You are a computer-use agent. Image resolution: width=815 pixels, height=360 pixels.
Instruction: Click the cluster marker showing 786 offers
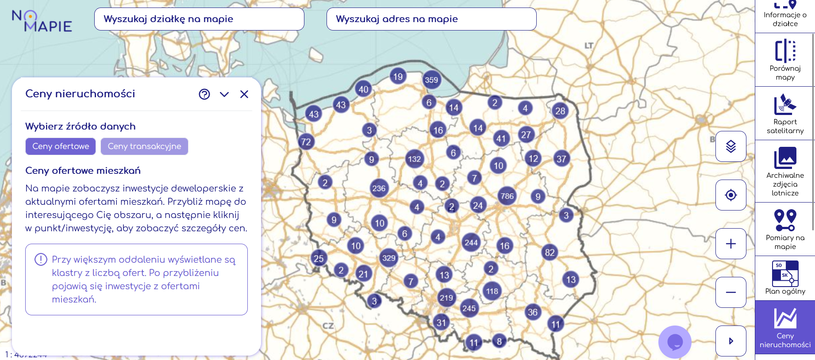point(507,196)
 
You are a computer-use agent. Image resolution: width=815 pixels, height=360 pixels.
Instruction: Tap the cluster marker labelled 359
point(431,80)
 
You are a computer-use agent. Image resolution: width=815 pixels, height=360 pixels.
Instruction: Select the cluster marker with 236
point(379,188)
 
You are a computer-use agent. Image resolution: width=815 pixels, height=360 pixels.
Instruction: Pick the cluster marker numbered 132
point(414,159)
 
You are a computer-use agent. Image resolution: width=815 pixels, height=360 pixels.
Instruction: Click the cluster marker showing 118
point(492,291)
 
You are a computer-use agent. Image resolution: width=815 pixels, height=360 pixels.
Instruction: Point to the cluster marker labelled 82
point(550,253)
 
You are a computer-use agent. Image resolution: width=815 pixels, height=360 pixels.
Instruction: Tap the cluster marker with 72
point(306,142)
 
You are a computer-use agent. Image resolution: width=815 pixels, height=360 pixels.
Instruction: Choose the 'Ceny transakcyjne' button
point(144,146)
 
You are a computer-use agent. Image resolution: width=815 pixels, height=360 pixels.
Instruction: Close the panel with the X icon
point(244,94)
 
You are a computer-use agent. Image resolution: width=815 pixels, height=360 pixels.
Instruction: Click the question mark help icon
point(204,94)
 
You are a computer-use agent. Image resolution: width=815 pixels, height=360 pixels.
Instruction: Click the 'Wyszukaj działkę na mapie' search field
point(199,19)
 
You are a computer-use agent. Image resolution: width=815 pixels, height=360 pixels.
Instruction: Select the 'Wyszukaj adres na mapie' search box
point(431,19)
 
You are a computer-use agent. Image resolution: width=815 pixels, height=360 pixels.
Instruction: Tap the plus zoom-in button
point(731,244)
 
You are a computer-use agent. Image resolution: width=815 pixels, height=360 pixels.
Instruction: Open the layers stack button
point(731,146)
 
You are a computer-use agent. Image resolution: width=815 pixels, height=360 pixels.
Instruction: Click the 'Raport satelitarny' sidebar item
point(785,114)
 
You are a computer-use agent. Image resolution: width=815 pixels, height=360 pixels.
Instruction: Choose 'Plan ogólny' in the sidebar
point(785,278)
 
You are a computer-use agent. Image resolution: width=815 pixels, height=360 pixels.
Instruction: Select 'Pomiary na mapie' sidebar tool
point(785,230)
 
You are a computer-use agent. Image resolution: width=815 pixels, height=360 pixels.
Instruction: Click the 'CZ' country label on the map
point(328,326)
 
